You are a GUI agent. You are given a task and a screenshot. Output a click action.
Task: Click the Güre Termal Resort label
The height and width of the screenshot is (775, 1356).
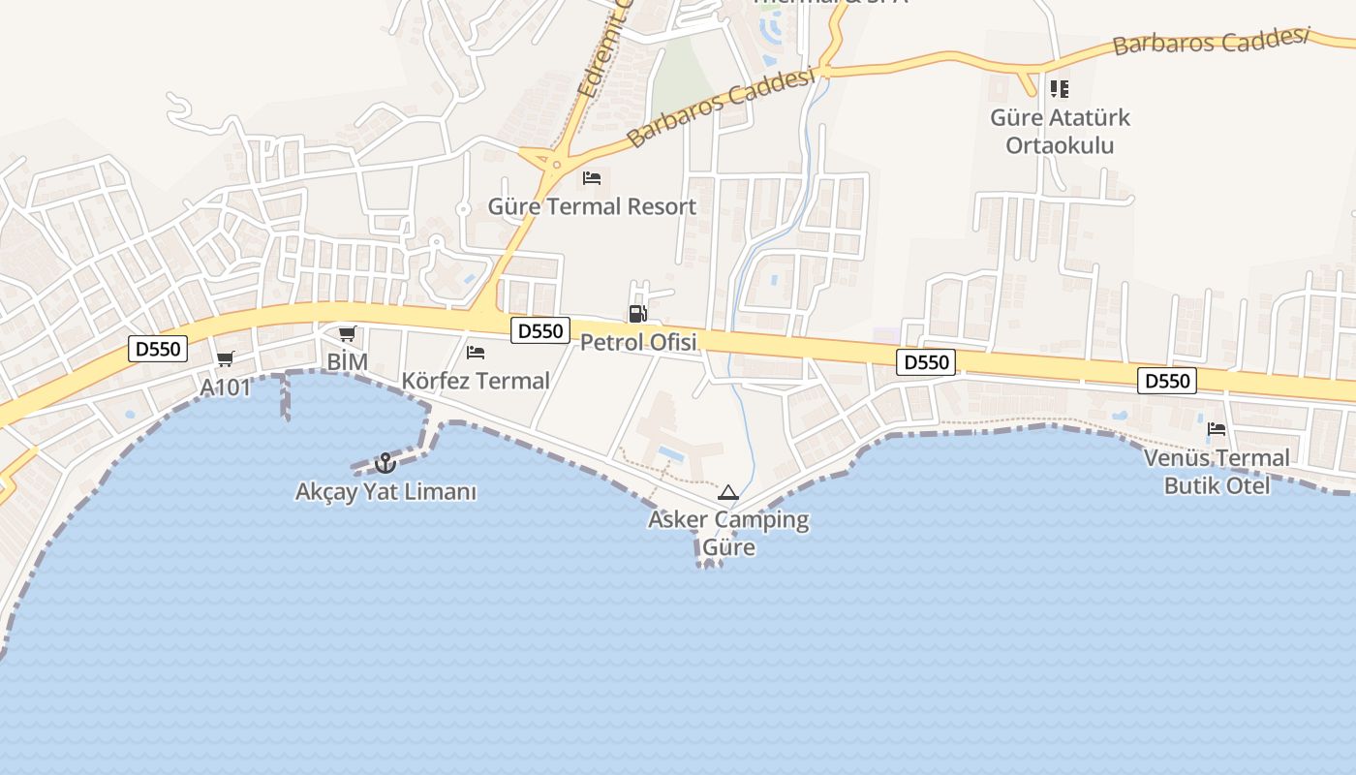click(x=592, y=206)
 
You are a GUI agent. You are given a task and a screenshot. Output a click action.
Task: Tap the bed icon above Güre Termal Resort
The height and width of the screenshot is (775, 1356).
click(x=592, y=178)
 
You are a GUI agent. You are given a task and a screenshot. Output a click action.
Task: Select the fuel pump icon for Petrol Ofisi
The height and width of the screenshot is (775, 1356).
click(x=637, y=313)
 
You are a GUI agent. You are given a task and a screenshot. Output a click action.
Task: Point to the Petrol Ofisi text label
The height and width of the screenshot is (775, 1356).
click(x=638, y=342)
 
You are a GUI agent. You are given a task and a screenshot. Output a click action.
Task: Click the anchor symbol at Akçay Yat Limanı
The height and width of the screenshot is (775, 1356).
click(x=385, y=463)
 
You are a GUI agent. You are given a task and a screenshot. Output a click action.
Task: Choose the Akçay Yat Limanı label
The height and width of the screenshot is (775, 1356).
click(x=385, y=492)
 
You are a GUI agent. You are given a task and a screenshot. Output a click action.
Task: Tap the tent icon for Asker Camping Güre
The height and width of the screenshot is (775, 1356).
click(x=728, y=492)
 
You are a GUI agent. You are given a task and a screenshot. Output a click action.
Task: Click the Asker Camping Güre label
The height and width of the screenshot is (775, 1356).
click(x=728, y=533)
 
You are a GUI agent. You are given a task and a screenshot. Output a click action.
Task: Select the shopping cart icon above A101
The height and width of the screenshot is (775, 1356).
click(x=226, y=359)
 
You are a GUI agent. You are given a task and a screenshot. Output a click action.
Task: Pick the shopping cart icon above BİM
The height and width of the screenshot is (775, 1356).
click(x=347, y=334)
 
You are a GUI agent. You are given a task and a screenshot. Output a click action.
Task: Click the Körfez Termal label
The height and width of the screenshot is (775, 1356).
click(x=476, y=381)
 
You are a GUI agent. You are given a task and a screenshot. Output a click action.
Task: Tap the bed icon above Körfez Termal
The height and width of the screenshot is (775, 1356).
click(x=476, y=353)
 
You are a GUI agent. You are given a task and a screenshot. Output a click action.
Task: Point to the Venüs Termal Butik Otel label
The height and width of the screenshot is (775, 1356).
click(x=1217, y=471)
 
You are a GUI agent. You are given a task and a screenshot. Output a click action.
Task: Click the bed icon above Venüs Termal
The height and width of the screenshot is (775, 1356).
click(x=1217, y=428)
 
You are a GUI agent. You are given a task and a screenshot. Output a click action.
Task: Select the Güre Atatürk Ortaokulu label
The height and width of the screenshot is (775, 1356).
click(x=1060, y=132)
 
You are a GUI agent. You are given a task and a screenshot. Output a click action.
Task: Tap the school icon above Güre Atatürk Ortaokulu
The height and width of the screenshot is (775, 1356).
click(x=1060, y=89)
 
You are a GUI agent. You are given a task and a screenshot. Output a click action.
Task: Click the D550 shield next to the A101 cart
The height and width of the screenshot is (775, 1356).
click(x=158, y=349)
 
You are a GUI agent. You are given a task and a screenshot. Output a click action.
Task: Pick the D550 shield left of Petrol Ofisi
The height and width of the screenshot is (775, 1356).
click(x=540, y=330)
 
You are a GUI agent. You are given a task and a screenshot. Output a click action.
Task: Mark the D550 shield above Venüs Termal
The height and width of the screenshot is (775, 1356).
click(x=1167, y=381)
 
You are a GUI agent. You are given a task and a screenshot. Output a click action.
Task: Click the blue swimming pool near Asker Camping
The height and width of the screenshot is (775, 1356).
click(x=671, y=452)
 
